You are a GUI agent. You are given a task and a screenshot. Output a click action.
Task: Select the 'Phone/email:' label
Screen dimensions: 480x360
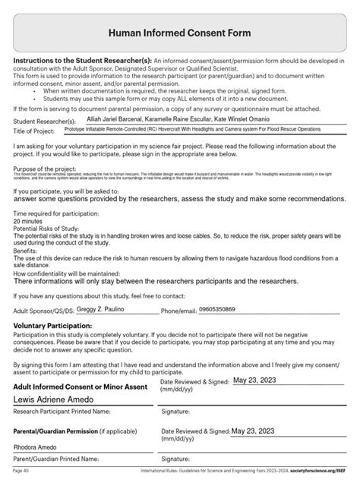pos(180,311)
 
